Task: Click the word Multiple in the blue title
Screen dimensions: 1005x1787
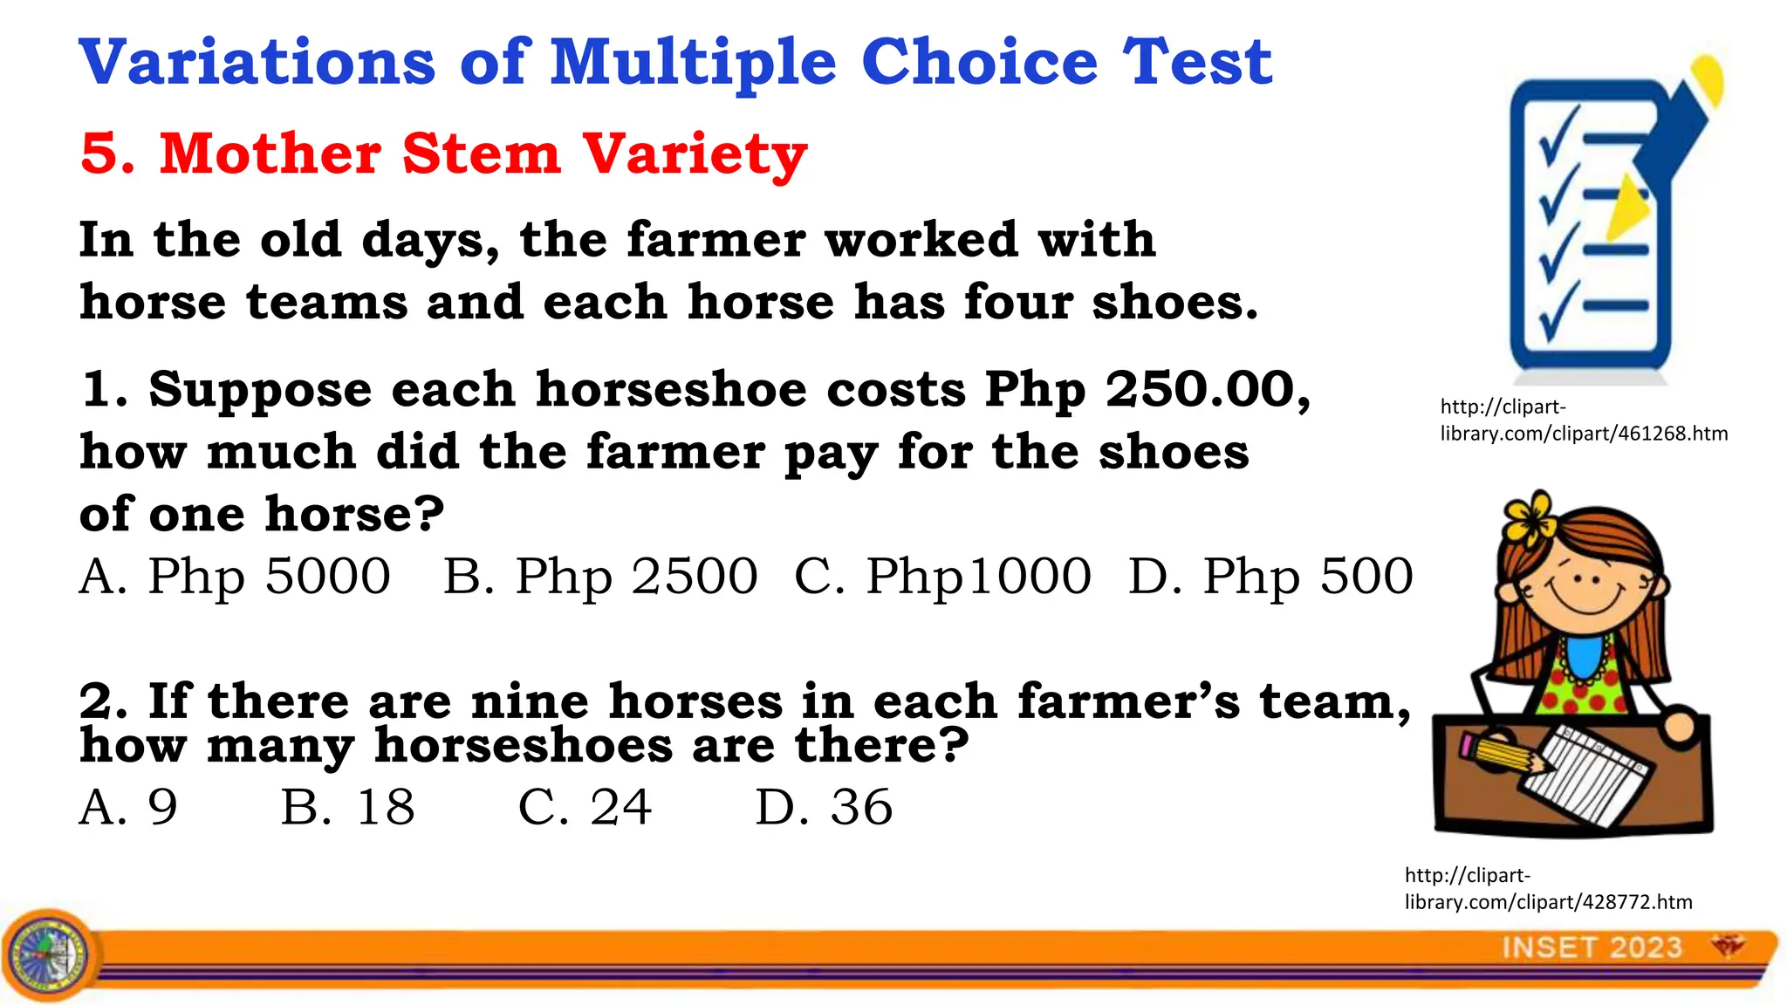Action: (x=694, y=63)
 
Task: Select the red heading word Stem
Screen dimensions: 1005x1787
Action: (x=481, y=154)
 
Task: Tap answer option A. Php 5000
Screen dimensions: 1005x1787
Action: (x=235, y=577)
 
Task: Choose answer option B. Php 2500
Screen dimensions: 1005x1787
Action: (x=600, y=577)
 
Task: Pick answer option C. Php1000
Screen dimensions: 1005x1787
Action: (x=942, y=577)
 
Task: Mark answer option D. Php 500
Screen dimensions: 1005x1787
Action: (x=1270, y=577)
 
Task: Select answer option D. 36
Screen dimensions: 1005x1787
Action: (x=824, y=807)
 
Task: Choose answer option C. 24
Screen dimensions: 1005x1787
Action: (x=585, y=807)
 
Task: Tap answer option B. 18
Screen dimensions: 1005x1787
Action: (x=347, y=807)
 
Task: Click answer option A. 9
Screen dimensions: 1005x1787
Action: (x=128, y=807)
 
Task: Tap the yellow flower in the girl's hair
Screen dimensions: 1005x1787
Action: (x=1529, y=516)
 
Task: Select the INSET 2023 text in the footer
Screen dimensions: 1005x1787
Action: (x=1592, y=947)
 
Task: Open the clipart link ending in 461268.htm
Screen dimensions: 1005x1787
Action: (x=1583, y=420)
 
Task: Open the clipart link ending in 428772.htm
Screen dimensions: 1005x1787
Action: (x=1548, y=888)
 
